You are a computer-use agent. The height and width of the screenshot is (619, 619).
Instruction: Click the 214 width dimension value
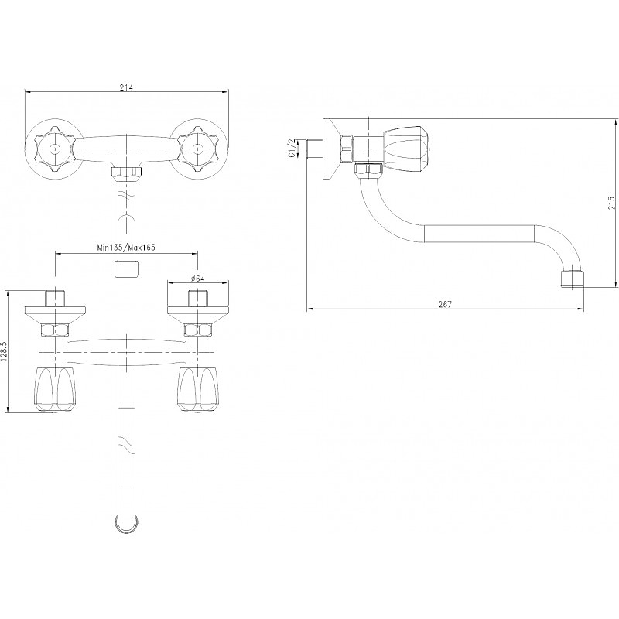click(x=126, y=87)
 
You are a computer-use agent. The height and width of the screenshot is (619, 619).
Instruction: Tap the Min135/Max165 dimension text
click(x=126, y=248)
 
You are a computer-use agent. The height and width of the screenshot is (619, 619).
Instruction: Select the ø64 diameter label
click(x=197, y=279)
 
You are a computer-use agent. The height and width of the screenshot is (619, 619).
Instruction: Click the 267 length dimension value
click(x=445, y=304)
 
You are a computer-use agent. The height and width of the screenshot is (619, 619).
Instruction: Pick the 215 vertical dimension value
click(x=611, y=203)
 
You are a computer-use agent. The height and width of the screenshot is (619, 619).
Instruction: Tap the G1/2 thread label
click(x=292, y=149)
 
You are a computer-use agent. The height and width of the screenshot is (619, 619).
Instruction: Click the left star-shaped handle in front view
click(x=54, y=149)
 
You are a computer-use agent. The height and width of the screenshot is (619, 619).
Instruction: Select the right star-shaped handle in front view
click(x=198, y=149)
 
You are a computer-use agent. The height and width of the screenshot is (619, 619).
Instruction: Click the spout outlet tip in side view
click(x=573, y=279)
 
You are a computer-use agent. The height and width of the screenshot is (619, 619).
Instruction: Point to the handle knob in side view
click(x=407, y=145)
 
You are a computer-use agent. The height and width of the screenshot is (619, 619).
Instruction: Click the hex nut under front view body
click(x=126, y=172)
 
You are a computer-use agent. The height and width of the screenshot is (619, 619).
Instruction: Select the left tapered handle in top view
click(x=54, y=390)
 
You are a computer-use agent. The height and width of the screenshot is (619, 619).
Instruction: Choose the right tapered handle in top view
click(x=198, y=390)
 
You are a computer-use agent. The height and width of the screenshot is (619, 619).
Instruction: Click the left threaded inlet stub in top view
click(x=55, y=299)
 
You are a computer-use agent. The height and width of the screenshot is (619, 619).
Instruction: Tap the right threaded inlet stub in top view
click(x=198, y=299)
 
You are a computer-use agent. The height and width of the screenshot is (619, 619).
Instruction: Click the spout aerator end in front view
click(x=126, y=268)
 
